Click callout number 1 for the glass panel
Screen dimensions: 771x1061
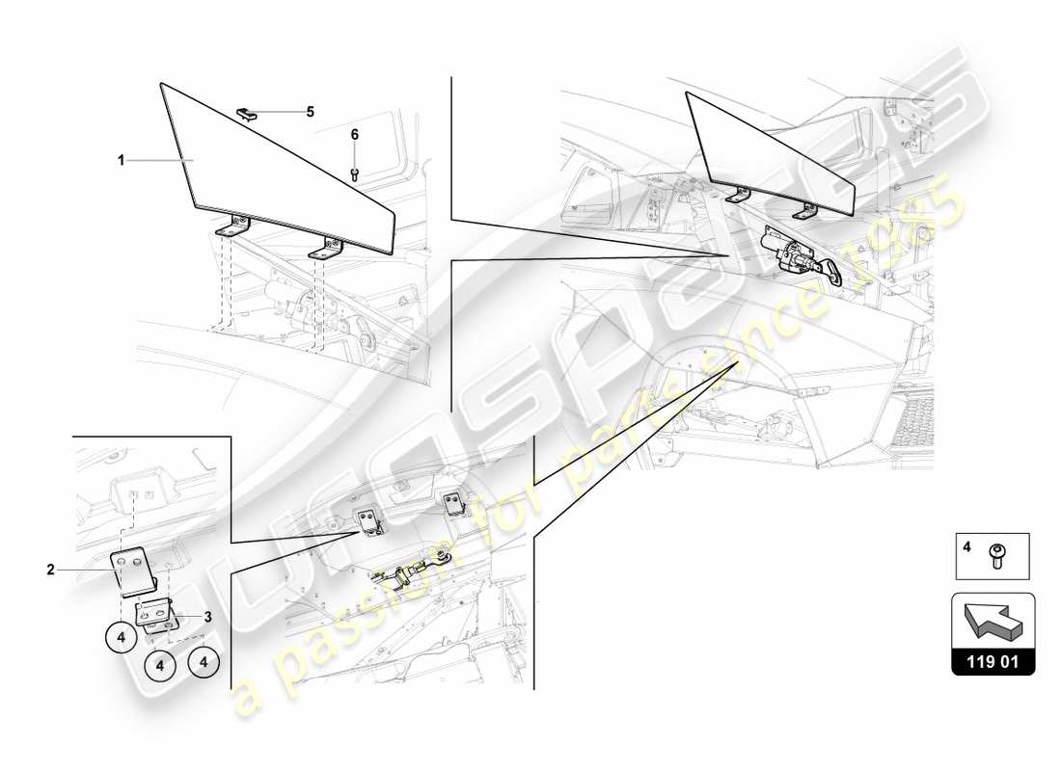[122, 161]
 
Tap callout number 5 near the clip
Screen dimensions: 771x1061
[310, 112]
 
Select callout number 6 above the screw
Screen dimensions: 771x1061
[354, 135]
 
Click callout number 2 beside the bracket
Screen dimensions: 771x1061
[50, 570]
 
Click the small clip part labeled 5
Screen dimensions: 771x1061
[247, 114]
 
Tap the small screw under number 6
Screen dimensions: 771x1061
[354, 173]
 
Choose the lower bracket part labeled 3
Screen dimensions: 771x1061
[154, 614]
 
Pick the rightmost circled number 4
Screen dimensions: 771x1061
[204, 662]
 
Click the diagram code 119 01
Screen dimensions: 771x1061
[993, 662]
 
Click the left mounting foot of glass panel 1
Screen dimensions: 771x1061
[232, 228]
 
